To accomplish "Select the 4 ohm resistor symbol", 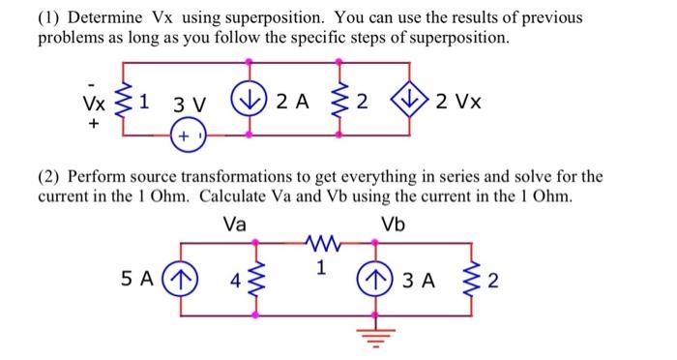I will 258,281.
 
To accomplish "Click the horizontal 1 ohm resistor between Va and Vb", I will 318,243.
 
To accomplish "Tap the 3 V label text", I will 184,104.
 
